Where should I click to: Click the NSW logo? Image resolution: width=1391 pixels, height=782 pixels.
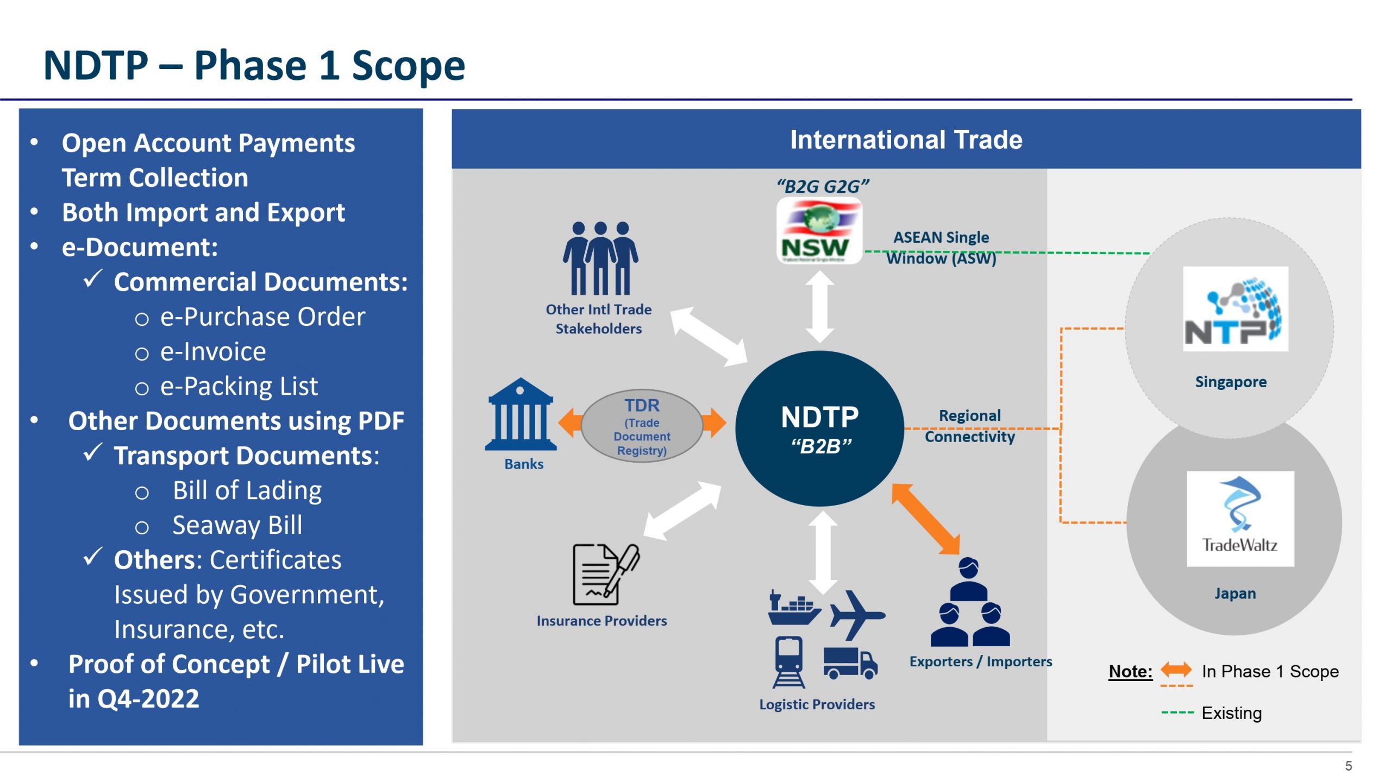click(x=819, y=231)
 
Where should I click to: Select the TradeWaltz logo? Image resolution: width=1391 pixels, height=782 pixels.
click(x=1240, y=519)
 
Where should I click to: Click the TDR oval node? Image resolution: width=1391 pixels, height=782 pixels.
click(x=642, y=426)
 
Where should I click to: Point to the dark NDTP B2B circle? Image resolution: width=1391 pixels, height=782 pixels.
click(x=819, y=429)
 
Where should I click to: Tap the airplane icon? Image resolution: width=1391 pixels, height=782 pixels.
click(x=857, y=615)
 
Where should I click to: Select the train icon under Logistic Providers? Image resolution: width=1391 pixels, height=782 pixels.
click(x=788, y=661)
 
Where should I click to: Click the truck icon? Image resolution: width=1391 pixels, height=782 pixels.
click(x=850, y=663)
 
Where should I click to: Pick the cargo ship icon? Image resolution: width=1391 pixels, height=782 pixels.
click(x=793, y=609)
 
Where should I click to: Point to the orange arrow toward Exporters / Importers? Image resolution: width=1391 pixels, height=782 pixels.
click(x=926, y=519)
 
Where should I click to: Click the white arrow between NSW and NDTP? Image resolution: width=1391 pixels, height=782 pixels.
click(x=819, y=307)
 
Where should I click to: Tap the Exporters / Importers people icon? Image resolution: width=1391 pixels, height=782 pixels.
click(x=970, y=603)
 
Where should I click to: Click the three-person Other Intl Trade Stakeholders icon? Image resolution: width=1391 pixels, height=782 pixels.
click(x=600, y=258)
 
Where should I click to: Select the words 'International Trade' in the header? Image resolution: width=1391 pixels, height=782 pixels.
click(x=906, y=140)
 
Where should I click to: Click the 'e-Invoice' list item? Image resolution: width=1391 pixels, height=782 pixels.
click(x=213, y=351)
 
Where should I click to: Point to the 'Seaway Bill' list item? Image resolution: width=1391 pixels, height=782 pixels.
click(x=237, y=525)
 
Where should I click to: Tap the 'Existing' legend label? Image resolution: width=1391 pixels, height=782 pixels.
click(x=1231, y=713)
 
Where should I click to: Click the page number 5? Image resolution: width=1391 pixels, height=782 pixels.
click(x=1348, y=766)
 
